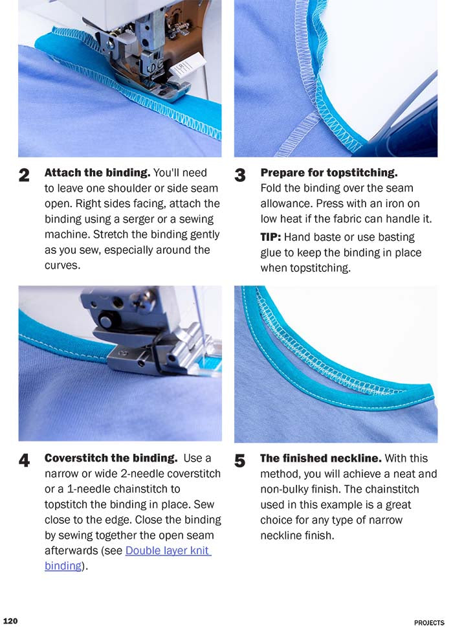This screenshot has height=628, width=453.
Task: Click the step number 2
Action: [24, 175]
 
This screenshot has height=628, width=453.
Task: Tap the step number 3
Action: [240, 175]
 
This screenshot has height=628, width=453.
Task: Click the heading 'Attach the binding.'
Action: [97, 173]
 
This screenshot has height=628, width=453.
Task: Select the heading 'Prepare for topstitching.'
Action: [329, 173]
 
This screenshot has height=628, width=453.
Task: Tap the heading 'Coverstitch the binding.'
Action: [111, 458]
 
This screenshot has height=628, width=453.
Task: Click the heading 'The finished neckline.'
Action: [320, 458]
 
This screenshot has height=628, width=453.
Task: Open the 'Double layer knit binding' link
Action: [168, 550]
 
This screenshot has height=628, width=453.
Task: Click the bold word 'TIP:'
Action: [271, 238]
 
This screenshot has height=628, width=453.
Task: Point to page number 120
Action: [10, 621]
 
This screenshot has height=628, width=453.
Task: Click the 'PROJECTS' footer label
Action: [429, 622]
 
